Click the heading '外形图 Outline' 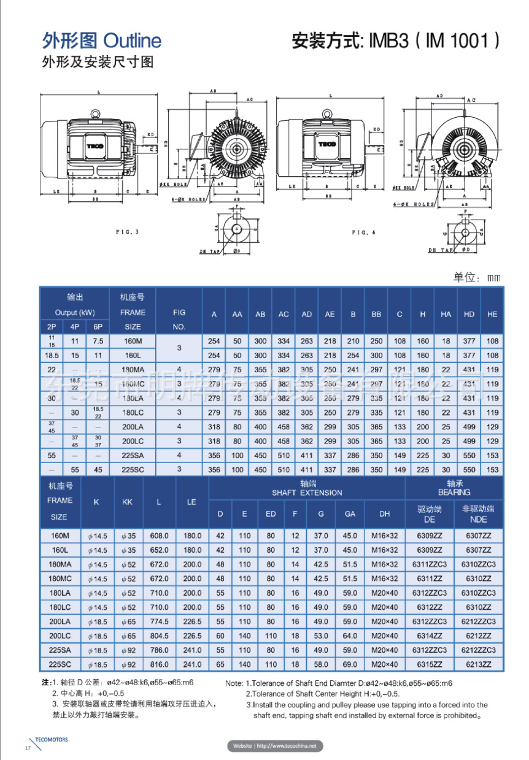pos(102,41)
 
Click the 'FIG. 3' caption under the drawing pos(127,232)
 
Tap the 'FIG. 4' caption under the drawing pos(364,232)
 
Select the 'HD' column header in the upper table pos(469,314)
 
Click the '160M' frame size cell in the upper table pos(133,341)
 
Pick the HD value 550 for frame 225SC pos(469,469)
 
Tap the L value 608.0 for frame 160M pos(160,535)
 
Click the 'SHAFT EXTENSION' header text pos(307,493)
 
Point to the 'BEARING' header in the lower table pos(454,492)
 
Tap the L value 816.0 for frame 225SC pos(160,664)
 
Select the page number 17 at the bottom pos(27,749)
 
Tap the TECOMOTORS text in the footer pos(52,740)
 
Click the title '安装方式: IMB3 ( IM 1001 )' pos(395,41)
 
